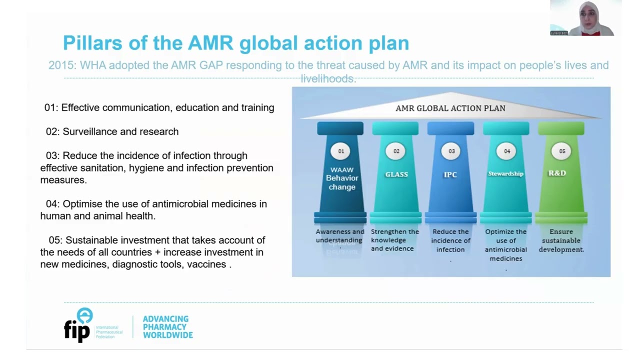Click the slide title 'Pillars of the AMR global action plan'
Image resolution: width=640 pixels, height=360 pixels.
click(235, 43)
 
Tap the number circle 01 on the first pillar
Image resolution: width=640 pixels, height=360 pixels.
click(341, 151)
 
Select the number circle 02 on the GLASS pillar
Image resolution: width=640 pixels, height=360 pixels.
click(396, 151)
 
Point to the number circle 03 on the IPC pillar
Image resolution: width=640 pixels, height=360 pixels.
click(451, 151)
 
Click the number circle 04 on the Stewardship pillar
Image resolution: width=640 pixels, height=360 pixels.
click(506, 151)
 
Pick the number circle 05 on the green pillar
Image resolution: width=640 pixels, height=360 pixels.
click(562, 151)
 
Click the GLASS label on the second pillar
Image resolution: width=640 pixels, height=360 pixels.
click(396, 174)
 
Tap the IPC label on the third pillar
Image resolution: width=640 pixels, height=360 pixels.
click(450, 174)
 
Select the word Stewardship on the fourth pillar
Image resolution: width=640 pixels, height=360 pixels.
click(505, 173)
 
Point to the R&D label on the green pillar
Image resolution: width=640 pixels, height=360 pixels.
click(557, 173)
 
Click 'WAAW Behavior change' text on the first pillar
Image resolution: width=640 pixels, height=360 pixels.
click(342, 178)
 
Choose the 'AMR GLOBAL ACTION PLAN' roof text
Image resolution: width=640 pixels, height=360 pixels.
click(450, 108)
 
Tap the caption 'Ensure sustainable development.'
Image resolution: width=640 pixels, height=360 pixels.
click(561, 240)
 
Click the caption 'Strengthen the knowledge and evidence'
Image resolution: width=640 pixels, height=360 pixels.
click(394, 240)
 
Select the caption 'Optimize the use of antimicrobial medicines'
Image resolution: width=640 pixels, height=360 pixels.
click(505, 245)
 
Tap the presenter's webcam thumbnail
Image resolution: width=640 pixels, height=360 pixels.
click(585, 18)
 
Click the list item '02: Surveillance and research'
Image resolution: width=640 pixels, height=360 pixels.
click(112, 131)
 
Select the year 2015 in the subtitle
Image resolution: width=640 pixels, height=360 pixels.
click(61, 65)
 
